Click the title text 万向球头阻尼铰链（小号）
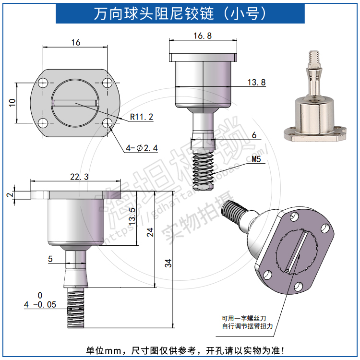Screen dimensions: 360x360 click(180, 13)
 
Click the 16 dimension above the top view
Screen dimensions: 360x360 click(75, 43)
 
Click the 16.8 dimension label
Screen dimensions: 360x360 click(203, 36)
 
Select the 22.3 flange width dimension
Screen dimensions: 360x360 click(79, 177)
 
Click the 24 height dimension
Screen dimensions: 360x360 click(150, 233)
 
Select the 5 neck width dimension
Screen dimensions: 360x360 click(50, 259)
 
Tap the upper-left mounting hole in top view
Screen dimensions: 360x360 click(43, 82)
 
